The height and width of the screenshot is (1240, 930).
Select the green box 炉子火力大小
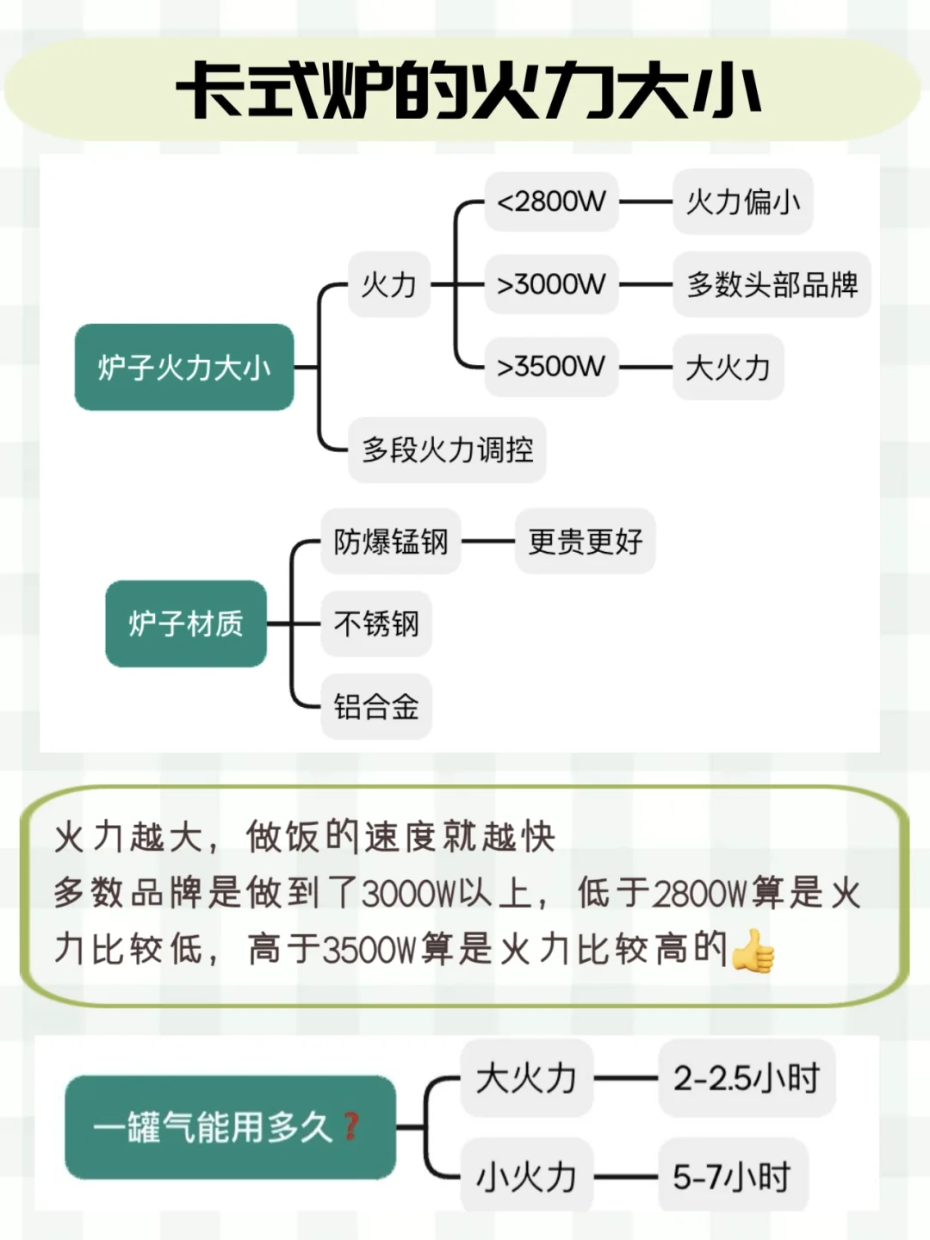click(x=184, y=368)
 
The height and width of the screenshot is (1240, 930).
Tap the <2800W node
click(x=551, y=201)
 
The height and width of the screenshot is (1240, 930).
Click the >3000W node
click(x=551, y=284)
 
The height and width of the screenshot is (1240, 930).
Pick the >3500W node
click(x=551, y=367)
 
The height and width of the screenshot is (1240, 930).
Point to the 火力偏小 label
click(x=742, y=201)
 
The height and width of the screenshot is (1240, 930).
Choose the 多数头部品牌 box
click(x=772, y=284)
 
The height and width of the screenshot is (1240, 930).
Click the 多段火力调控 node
click(x=447, y=449)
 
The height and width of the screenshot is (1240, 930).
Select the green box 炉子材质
click(x=186, y=623)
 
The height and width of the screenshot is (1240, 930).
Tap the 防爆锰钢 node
click(x=391, y=542)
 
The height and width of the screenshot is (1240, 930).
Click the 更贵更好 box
click(x=585, y=542)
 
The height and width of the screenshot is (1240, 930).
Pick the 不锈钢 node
click(x=376, y=623)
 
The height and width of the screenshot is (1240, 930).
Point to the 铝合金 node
click(x=376, y=707)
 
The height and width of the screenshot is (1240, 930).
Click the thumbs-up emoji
click(x=753, y=951)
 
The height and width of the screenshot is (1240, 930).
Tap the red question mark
click(x=350, y=1125)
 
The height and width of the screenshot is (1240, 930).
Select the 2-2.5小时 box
click(x=747, y=1078)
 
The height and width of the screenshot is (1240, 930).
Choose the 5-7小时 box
click(x=732, y=1176)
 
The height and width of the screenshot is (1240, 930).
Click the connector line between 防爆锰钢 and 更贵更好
click(x=488, y=542)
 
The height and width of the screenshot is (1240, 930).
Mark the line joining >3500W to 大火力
click(x=646, y=367)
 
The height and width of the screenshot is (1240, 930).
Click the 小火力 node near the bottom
click(x=526, y=1176)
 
